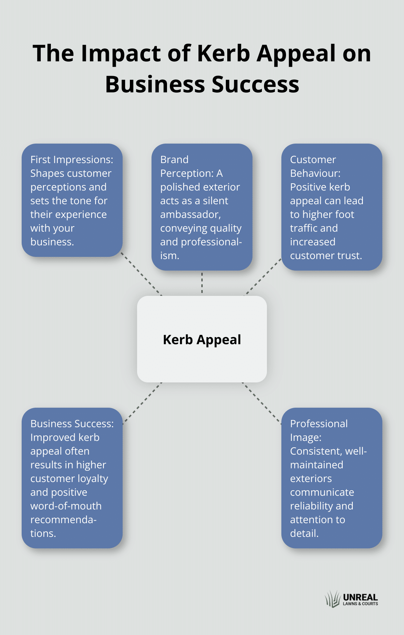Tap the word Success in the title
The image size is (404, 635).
(x=255, y=85)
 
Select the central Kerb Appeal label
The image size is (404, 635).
(x=202, y=340)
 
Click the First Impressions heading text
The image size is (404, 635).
(x=72, y=159)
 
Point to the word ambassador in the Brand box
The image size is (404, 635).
(x=190, y=214)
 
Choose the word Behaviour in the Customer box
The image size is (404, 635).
(x=315, y=173)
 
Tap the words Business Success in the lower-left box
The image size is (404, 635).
(x=71, y=424)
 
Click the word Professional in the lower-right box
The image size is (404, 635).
(x=319, y=424)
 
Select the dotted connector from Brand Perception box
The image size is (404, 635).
(x=202, y=283)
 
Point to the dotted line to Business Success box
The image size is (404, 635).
(x=142, y=403)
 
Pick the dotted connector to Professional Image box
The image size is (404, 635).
(x=262, y=403)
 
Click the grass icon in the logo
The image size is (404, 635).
(x=333, y=599)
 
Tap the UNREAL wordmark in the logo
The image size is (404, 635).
(x=360, y=597)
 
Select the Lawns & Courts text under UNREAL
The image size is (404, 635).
(x=360, y=604)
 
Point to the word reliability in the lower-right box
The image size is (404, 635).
(x=312, y=506)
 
